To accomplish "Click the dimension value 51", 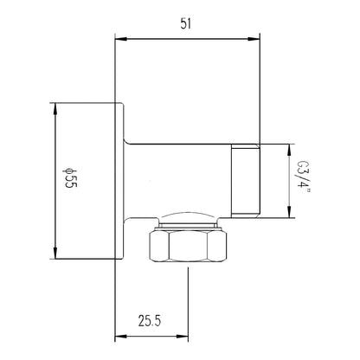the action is (x=186, y=23).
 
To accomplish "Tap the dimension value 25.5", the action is (x=150, y=321).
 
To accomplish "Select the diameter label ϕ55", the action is (x=69, y=178).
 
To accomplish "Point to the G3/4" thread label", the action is (x=303, y=178).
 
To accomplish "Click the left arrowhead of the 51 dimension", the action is (x=121, y=39).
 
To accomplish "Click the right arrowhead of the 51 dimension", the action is (x=254, y=39).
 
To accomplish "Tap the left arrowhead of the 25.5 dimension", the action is (x=121, y=337).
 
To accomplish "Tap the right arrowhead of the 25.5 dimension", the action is (x=183, y=337).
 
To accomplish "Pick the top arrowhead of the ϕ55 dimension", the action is (x=55, y=108).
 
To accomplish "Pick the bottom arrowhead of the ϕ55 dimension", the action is (x=55, y=253).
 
